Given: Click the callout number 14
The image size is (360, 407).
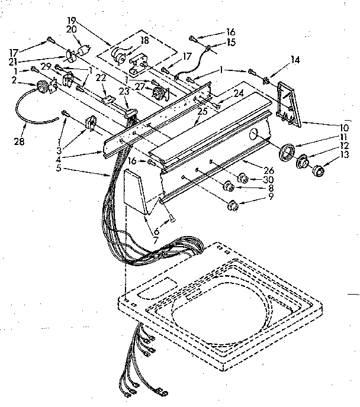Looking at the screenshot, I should click(x=295, y=59).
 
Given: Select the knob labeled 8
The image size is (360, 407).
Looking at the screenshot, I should click(x=227, y=188).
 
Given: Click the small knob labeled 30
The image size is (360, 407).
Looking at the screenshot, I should click(x=243, y=177).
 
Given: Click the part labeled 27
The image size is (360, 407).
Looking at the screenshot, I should click(x=159, y=92).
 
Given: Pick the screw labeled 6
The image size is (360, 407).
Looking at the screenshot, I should click(x=171, y=218).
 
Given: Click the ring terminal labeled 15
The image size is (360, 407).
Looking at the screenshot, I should click(x=210, y=46).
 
